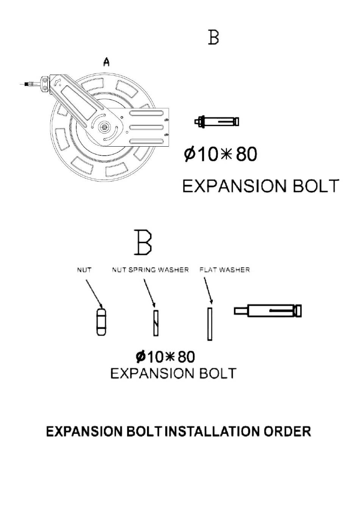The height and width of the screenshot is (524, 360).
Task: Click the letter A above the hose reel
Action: pyautogui.click(x=106, y=62)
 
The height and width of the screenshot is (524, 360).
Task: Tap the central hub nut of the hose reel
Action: pyautogui.click(x=103, y=127)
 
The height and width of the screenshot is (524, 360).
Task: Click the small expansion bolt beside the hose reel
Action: pyautogui.click(x=217, y=122)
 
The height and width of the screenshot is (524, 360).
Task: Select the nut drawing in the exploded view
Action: pyautogui.click(x=101, y=322)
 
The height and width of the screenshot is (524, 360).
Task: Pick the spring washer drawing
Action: pyautogui.click(x=156, y=323)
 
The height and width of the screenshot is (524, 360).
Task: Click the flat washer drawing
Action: pyautogui.click(x=210, y=324)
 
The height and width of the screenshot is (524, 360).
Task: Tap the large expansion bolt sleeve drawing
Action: pyautogui.click(x=268, y=311)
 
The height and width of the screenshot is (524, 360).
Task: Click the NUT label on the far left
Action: pyautogui.click(x=84, y=270)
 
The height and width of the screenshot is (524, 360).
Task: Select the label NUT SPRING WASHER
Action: pyautogui.click(x=150, y=270)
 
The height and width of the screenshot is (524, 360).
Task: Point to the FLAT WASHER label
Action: pyautogui.click(x=225, y=270)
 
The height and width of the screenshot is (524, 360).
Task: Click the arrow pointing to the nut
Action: pyautogui.click(x=94, y=294)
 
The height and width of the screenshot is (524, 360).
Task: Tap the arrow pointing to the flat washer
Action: pyautogui.click(x=208, y=291)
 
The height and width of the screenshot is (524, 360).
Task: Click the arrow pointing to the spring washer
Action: pyautogui.click(x=149, y=293)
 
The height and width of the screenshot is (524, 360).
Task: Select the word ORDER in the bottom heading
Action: pyautogui.click(x=288, y=431)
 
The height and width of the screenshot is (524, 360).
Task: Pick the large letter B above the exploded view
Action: pyautogui.click(x=143, y=242)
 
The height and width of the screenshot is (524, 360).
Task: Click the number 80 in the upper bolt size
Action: pyautogui.click(x=246, y=154)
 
